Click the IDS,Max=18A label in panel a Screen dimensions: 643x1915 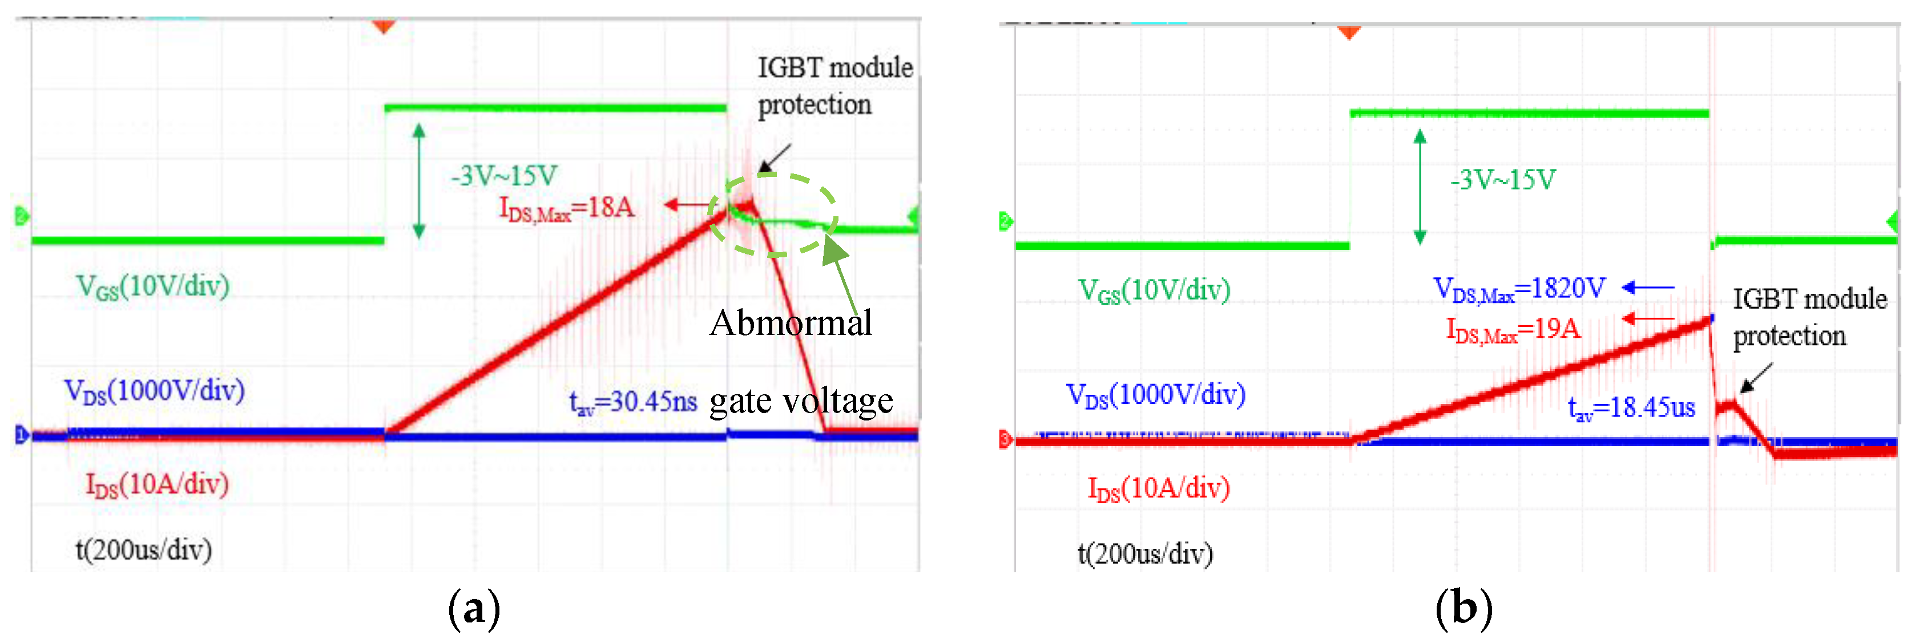click(x=566, y=209)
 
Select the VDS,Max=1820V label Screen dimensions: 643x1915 click(x=1519, y=289)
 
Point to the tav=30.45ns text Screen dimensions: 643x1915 click(x=632, y=402)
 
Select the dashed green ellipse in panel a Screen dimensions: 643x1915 click(x=773, y=216)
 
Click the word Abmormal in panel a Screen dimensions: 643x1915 click(x=790, y=323)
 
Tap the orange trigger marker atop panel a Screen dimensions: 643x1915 click(x=384, y=27)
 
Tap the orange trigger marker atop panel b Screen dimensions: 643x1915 click(x=1349, y=32)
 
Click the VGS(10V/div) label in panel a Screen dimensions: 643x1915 click(x=152, y=287)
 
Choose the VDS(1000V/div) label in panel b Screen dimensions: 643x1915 click(x=1155, y=395)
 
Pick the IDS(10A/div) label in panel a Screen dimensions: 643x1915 click(x=157, y=484)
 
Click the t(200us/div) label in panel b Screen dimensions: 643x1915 click(x=1145, y=554)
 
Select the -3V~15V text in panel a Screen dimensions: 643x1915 click(x=503, y=176)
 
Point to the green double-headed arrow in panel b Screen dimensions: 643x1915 click(x=1420, y=187)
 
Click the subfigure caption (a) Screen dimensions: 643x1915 click(x=474, y=608)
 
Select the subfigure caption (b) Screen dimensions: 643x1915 click(x=1463, y=608)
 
